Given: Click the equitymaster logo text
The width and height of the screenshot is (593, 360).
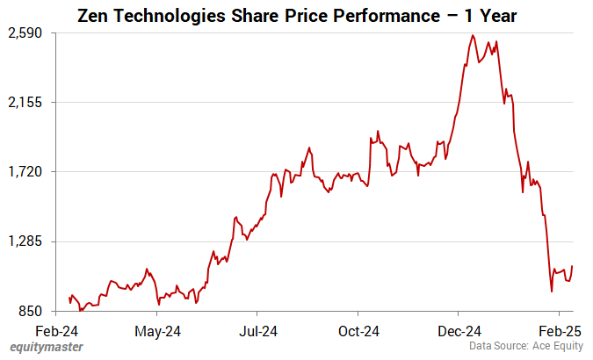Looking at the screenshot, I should coord(47,347).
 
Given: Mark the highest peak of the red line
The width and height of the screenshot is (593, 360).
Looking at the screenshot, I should coord(473,35).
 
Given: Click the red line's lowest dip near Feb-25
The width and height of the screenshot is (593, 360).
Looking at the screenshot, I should coord(551,292).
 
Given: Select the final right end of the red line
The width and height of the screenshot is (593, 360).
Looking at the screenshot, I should coord(573,266).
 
